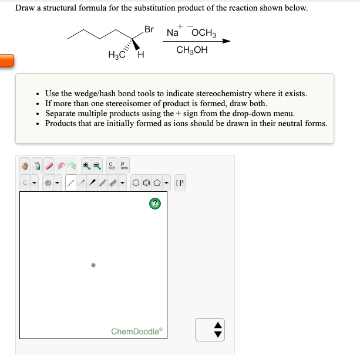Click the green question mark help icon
click(156, 203)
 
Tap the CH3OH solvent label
click(191, 50)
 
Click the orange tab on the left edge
click(6, 60)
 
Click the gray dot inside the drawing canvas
click(93, 265)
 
